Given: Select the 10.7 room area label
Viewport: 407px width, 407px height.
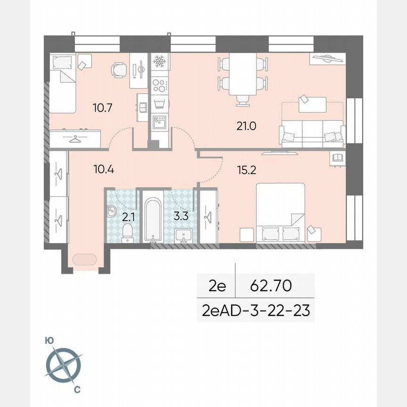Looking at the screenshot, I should click(102, 108).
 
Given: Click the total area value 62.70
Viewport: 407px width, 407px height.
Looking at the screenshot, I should click(271, 286).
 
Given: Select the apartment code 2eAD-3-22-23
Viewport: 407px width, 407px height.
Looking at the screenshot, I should click(256, 311).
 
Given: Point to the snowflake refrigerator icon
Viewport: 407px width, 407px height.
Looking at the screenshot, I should click(160, 62).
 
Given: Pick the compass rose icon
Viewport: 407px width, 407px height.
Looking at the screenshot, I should click(64, 365).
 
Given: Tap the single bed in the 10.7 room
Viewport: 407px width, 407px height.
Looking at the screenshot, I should click(63, 83).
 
